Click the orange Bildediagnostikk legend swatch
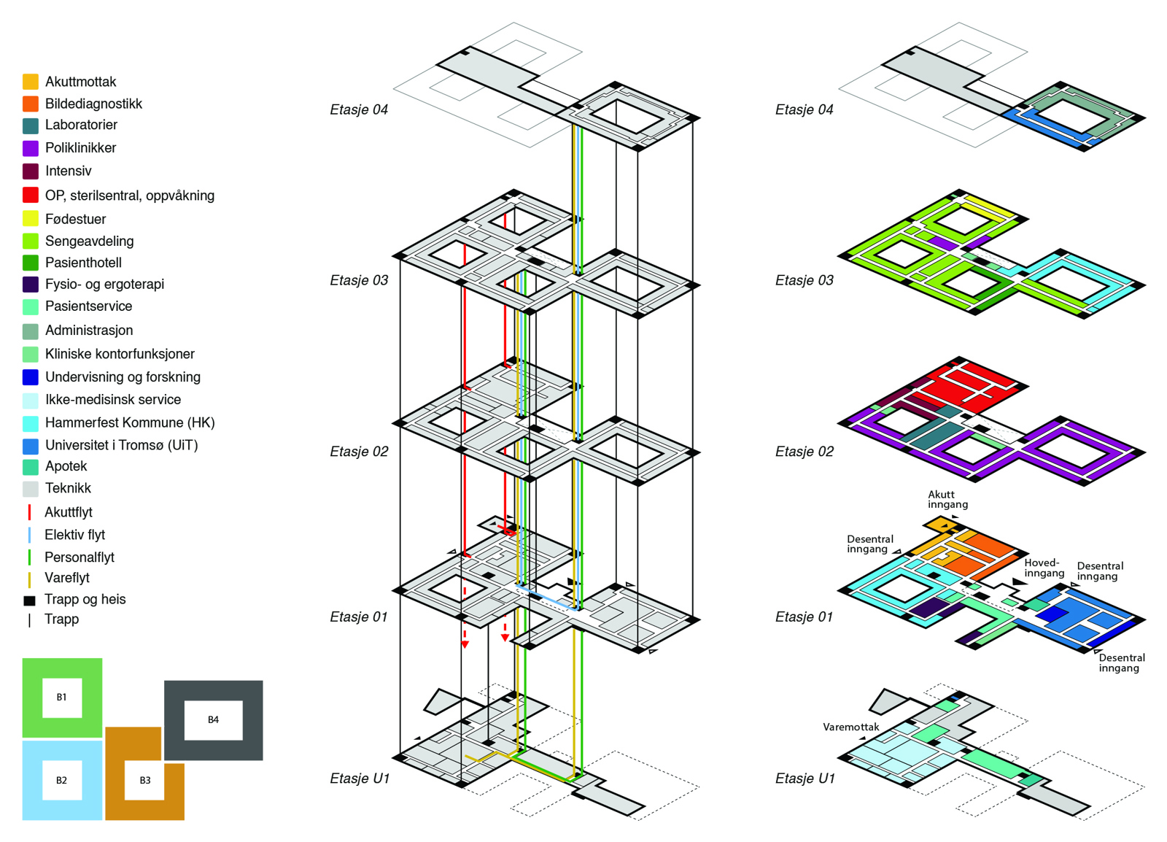point(30,104)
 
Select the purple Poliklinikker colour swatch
point(30,148)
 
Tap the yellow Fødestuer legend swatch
point(30,219)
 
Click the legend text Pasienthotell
point(83,263)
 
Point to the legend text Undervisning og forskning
point(123,377)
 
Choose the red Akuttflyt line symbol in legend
point(29,512)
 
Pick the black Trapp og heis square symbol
point(29,600)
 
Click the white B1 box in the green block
point(61,698)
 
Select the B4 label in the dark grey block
point(213,720)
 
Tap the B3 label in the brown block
point(145,781)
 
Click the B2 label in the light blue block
point(61,781)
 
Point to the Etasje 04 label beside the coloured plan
point(804,110)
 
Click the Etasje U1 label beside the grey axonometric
point(360,779)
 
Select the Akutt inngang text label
point(947,500)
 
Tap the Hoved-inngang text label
point(1044,568)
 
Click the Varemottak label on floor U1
point(850,727)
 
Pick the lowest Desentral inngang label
point(1121,663)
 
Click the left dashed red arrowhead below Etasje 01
point(465,645)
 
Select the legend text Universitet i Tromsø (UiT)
point(121,445)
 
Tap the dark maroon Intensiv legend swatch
point(30,171)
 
